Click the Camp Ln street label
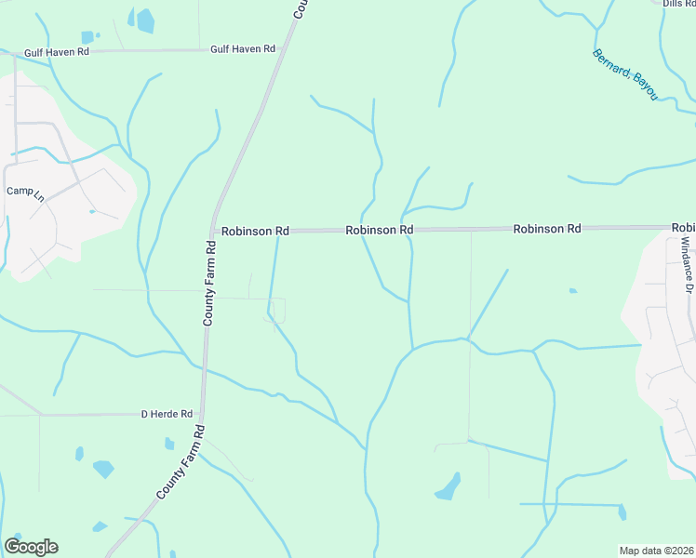point(25,192)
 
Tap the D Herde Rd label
point(167,414)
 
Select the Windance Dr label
point(685,264)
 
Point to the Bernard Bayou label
point(625,73)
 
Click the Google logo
point(31,547)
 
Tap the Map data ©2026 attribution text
point(656,551)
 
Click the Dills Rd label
point(678,4)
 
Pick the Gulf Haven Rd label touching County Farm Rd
point(243,48)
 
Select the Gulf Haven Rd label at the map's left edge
point(57,53)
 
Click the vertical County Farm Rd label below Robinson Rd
point(211,283)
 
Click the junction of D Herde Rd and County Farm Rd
point(202,414)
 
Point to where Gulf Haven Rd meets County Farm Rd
point(284,48)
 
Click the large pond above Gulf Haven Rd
point(146,20)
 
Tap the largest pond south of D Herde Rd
point(102,469)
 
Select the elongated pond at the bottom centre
point(448,487)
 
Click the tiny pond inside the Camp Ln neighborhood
point(92,211)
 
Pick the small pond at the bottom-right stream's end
point(622,511)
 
